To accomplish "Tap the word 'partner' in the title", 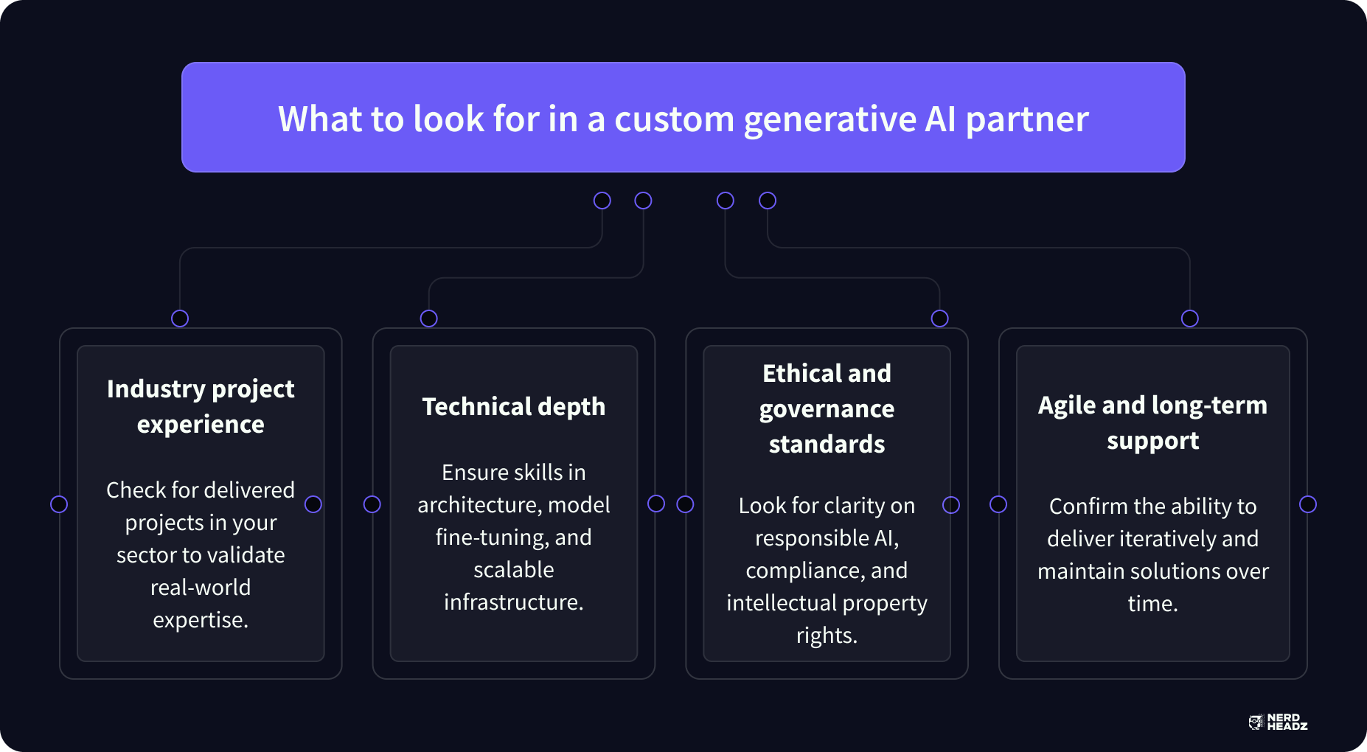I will [x=1026, y=119].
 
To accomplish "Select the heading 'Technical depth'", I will [x=513, y=406].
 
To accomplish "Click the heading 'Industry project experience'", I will [x=201, y=406].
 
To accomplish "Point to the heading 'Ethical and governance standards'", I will [x=827, y=408].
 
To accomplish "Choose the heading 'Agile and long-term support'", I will [x=1152, y=422].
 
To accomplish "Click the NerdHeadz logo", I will [x=1278, y=723].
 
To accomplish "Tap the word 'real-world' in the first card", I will [x=201, y=588].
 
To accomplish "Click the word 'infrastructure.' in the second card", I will [x=513, y=602].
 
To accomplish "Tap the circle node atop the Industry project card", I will [x=180, y=318].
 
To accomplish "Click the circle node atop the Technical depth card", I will [x=428, y=318].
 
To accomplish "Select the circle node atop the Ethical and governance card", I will [x=939, y=318].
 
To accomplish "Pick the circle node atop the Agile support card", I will [x=1189, y=318].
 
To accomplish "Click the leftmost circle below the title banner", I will [x=602, y=201].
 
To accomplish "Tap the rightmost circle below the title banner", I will [x=768, y=201].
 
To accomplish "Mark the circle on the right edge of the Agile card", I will [x=1308, y=504].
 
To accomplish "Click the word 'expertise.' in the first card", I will [x=201, y=620].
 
